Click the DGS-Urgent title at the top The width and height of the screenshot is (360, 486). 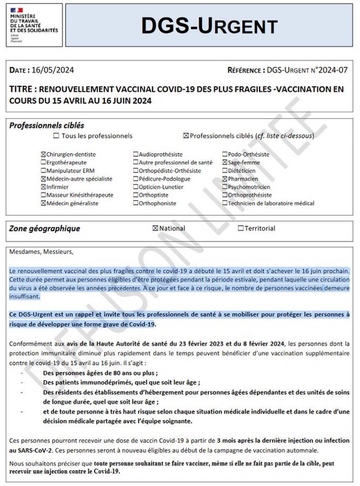(209, 25)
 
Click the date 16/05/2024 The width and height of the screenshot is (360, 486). (54, 70)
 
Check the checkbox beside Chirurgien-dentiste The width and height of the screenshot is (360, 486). (44, 154)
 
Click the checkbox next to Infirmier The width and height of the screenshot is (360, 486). (44, 187)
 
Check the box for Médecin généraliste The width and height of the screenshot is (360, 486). (44, 203)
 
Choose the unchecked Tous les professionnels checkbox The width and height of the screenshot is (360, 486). (57, 136)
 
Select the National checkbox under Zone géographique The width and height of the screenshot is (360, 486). (155, 229)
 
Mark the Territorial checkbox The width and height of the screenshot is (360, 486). (241, 229)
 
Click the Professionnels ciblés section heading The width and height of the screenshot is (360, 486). (47, 125)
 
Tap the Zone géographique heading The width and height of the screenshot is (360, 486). (45, 229)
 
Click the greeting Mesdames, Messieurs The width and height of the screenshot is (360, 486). (41, 252)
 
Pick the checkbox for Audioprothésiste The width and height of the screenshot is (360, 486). (136, 154)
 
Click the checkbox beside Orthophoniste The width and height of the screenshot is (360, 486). (136, 203)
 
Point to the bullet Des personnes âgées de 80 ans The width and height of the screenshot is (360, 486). (100, 373)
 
